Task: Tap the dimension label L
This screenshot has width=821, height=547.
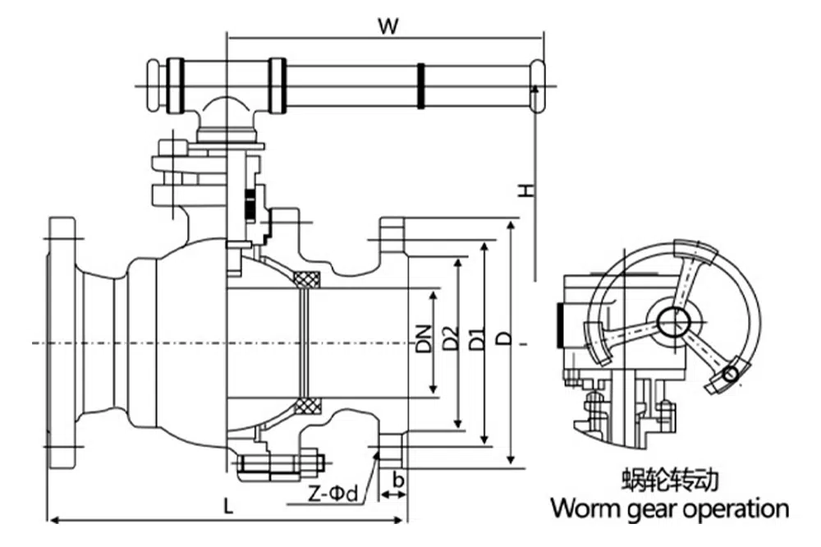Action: (228, 507)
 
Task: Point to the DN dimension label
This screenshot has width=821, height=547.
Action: (424, 338)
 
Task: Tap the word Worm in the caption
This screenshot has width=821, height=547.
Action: (585, 508)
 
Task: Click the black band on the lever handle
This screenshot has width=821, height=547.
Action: (422, 85)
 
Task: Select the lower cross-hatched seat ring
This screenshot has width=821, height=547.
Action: (309, 406)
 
